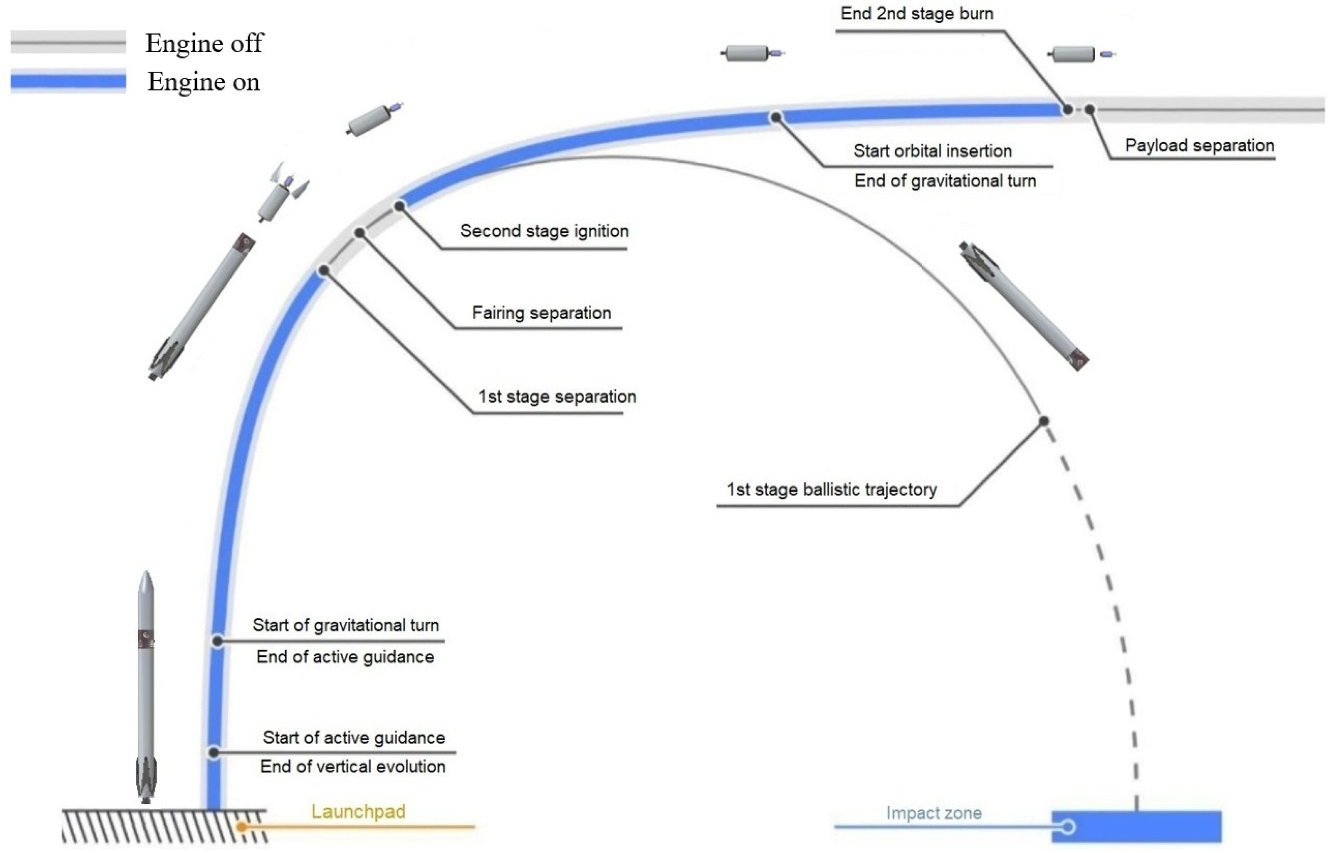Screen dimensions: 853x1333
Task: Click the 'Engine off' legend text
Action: tap(204, 43)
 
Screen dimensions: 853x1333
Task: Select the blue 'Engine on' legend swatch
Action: tap(68, 81)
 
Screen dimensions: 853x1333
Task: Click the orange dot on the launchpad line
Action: tap(242, 827)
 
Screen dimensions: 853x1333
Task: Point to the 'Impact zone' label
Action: tap(934, 813)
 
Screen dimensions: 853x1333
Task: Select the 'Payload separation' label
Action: tap(1199, 145)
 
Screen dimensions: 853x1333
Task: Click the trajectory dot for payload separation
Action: tap(1089, 110)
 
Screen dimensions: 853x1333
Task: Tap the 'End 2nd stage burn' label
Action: tap(916, 14)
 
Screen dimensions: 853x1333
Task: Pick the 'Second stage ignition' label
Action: tap(544, 231)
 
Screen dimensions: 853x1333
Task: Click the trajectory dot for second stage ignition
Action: tap(399, 207)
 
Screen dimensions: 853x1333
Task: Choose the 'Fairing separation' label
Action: tap(541, 313)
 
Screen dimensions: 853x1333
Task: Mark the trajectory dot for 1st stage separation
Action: tap(324, 270)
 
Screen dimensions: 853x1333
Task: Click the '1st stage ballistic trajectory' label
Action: tap(831, 490)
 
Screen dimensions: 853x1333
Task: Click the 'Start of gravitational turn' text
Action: tap(345, 625)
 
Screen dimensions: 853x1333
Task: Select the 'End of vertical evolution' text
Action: tap(353, 767)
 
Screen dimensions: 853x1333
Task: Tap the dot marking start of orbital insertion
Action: tap(776, 117)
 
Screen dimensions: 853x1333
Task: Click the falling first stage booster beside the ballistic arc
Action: tap(1023, 305)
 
